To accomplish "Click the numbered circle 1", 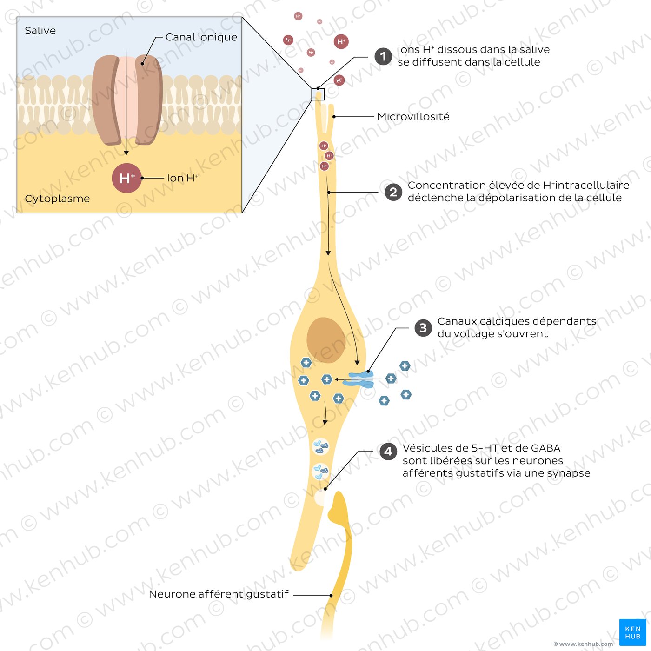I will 383,57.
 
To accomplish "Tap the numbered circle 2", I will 393,192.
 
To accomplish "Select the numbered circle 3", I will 423,328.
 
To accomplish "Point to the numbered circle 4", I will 388,452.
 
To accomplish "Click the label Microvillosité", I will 413,117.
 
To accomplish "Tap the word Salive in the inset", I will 40,31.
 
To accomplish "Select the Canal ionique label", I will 201,37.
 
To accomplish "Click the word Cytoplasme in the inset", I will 57,199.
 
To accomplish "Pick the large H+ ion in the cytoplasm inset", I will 126,178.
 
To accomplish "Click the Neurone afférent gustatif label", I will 219,594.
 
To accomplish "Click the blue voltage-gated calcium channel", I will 362,379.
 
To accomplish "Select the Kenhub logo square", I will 632,632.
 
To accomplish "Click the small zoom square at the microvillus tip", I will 318,94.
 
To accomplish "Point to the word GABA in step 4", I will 545,448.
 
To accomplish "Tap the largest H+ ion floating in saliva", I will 341,42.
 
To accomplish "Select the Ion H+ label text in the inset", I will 182,178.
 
